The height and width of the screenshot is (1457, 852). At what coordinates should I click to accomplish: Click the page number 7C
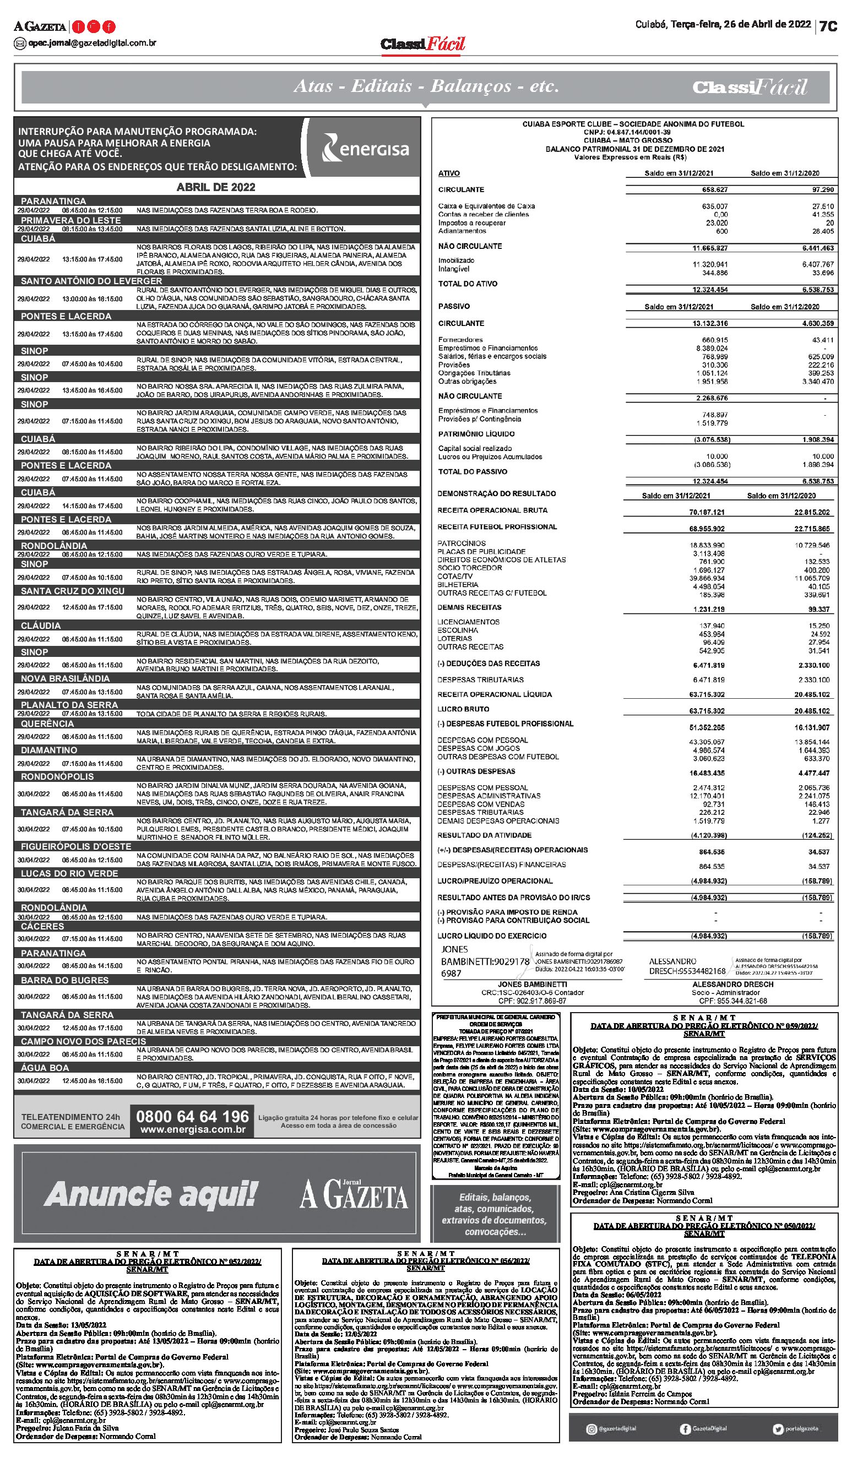(x=828, y=26)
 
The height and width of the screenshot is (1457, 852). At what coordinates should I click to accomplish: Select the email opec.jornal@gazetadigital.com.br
(x=92, y=43)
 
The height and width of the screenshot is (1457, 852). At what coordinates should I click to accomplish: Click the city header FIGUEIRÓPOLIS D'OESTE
(x=76, y=846)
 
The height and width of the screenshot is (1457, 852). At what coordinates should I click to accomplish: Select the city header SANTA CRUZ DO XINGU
(x=72, y=591)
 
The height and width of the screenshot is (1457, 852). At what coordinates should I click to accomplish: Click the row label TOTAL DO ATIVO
(x=468, y=284)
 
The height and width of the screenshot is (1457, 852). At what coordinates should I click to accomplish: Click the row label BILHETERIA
(x=458, y=585)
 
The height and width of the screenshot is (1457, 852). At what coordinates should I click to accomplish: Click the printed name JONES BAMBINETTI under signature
(x=532, y=984)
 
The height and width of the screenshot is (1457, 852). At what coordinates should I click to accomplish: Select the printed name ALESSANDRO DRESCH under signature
(x=732, y=984)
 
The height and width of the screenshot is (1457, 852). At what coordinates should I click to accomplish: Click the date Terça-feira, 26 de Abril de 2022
(x=723, y=25)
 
